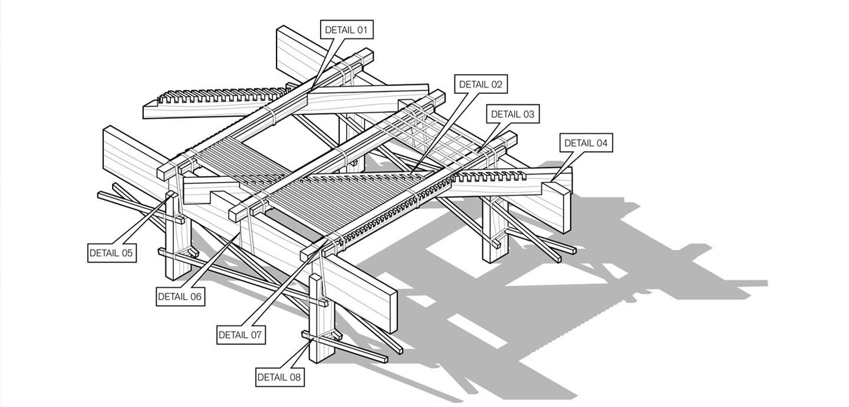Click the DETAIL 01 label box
(348, 29)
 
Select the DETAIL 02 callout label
(481, 84)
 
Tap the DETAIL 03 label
(512, 114)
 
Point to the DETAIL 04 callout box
(585, 143)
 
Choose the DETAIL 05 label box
(111, 253)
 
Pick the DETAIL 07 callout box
(240, 334)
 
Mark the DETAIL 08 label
(279, 377)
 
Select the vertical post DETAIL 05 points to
(177, 242)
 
